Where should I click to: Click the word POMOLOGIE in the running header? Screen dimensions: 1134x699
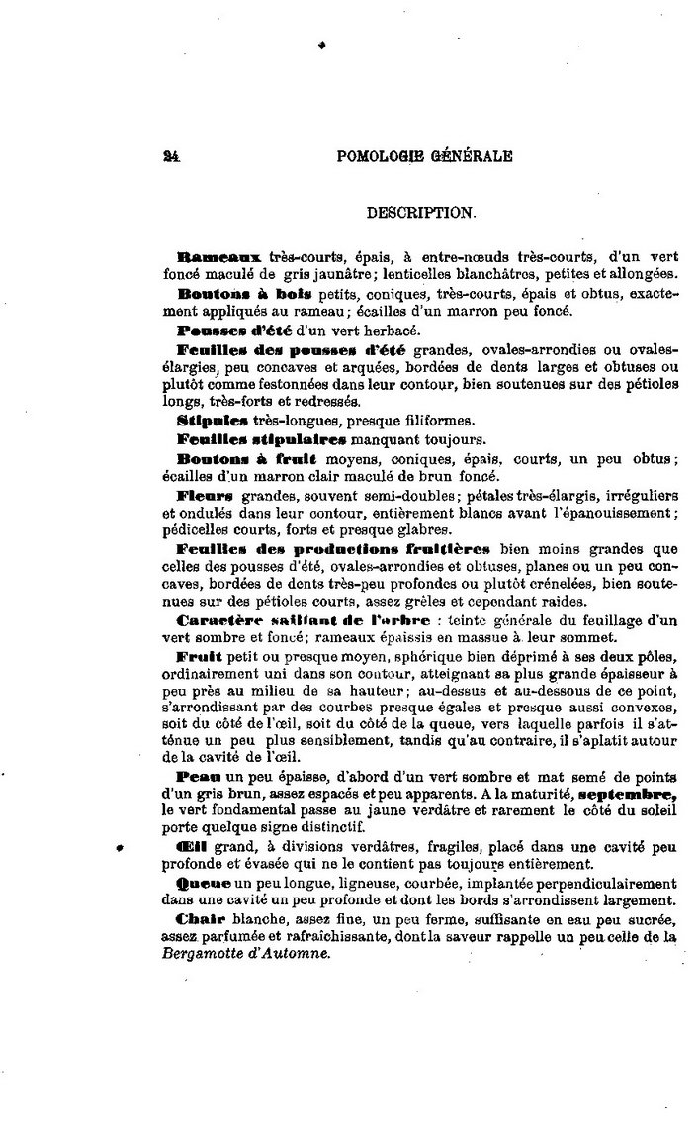tap(380, 155)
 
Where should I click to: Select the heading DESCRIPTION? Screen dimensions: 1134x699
tap(420, 212)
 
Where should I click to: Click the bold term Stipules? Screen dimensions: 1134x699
tap(207, 420)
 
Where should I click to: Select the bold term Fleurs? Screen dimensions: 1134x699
tap(204, 495)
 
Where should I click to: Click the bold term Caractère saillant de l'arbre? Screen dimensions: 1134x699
tap(303, 620)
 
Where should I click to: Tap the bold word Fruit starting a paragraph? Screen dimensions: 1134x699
tap(197, 657)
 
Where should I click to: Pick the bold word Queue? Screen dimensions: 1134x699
tap(204, 882)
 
